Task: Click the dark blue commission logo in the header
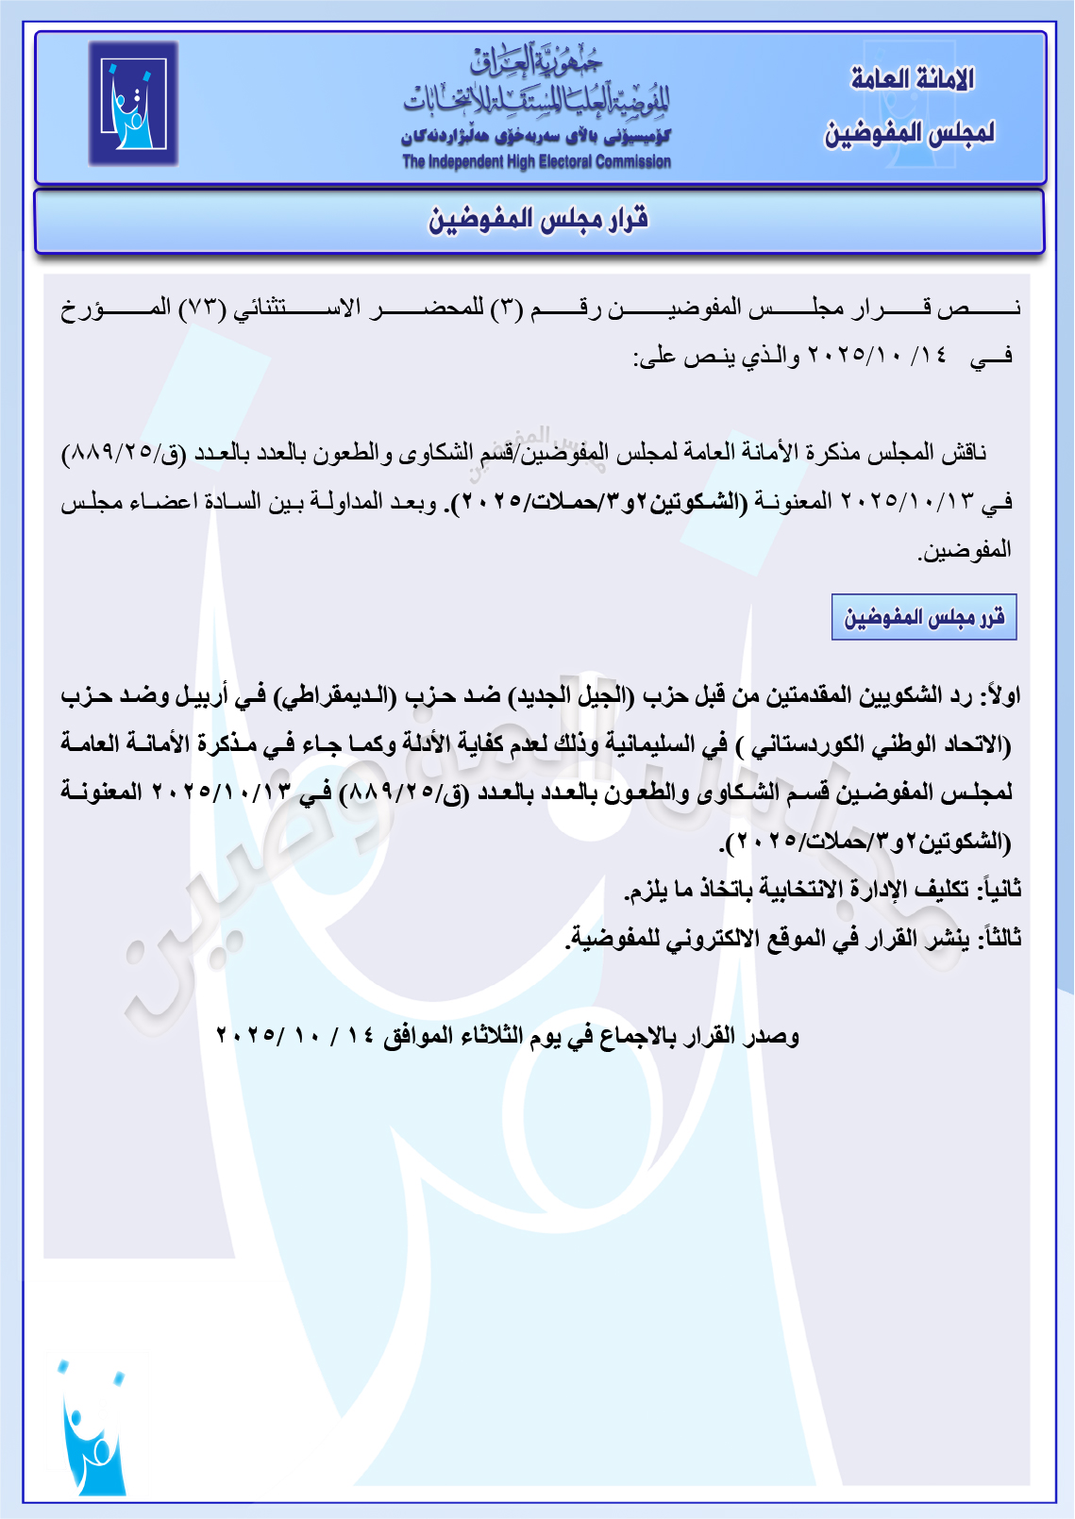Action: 133,104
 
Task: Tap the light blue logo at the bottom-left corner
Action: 92,1427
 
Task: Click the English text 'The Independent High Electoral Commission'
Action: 536,162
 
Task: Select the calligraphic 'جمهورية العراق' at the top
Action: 536,61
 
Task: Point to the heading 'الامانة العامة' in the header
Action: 912,79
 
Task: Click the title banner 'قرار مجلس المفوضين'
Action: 539,221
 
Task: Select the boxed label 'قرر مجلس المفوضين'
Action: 924,618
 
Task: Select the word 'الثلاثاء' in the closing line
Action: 492,1036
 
